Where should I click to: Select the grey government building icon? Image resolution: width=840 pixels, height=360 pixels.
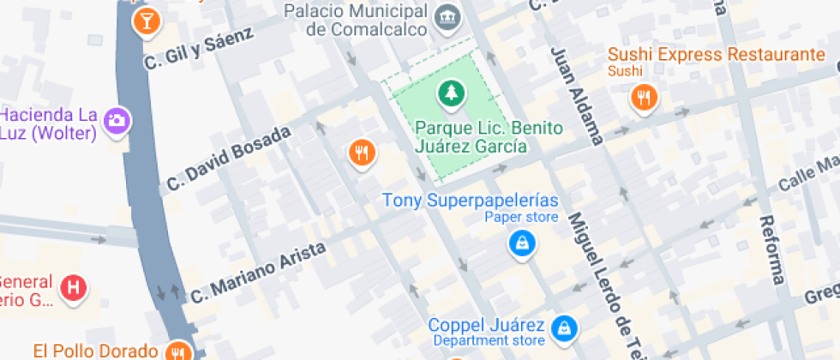click(447, 15)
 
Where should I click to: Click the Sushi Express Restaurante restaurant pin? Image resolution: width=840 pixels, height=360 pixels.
click(643, 96)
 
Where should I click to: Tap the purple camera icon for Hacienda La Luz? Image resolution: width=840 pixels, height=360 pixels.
click(116, 120)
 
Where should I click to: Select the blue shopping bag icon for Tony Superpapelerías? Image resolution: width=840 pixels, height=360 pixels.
click(521, 244)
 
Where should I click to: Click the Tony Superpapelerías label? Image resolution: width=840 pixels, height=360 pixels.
click(470, 201)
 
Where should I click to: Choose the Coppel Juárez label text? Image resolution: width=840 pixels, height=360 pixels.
click(486, 327)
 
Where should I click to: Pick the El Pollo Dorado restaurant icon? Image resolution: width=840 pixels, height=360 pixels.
click(178, 351)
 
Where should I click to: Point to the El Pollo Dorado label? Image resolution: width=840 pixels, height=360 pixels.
click(96, 351)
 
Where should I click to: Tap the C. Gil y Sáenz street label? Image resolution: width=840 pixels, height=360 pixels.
click(199, 48)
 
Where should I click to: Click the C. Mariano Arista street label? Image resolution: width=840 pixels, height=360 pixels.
click(257, 272)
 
